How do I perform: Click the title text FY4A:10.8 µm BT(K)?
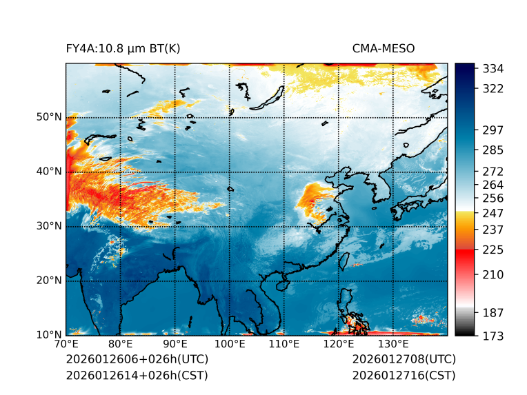[123, 48]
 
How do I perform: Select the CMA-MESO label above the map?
[384, 48]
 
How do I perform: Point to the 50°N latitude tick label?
[49, 117]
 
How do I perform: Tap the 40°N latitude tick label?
[49, 172]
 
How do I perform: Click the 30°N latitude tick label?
[49, 226]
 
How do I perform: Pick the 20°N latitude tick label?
[49, 281]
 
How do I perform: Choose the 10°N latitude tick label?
[49, 335]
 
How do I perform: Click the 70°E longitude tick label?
[66, 344]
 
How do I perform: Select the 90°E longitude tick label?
[175, 344]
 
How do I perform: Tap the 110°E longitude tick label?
[284, 344]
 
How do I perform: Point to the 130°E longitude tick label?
[393, 344]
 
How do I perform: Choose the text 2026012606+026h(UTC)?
[137, 360]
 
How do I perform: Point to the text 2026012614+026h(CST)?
[137, 376]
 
